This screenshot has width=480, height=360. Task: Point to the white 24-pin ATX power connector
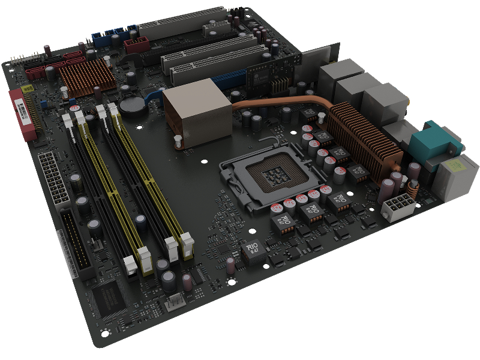click(x=54, y=178)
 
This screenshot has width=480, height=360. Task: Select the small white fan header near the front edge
click(x=174, y=304)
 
